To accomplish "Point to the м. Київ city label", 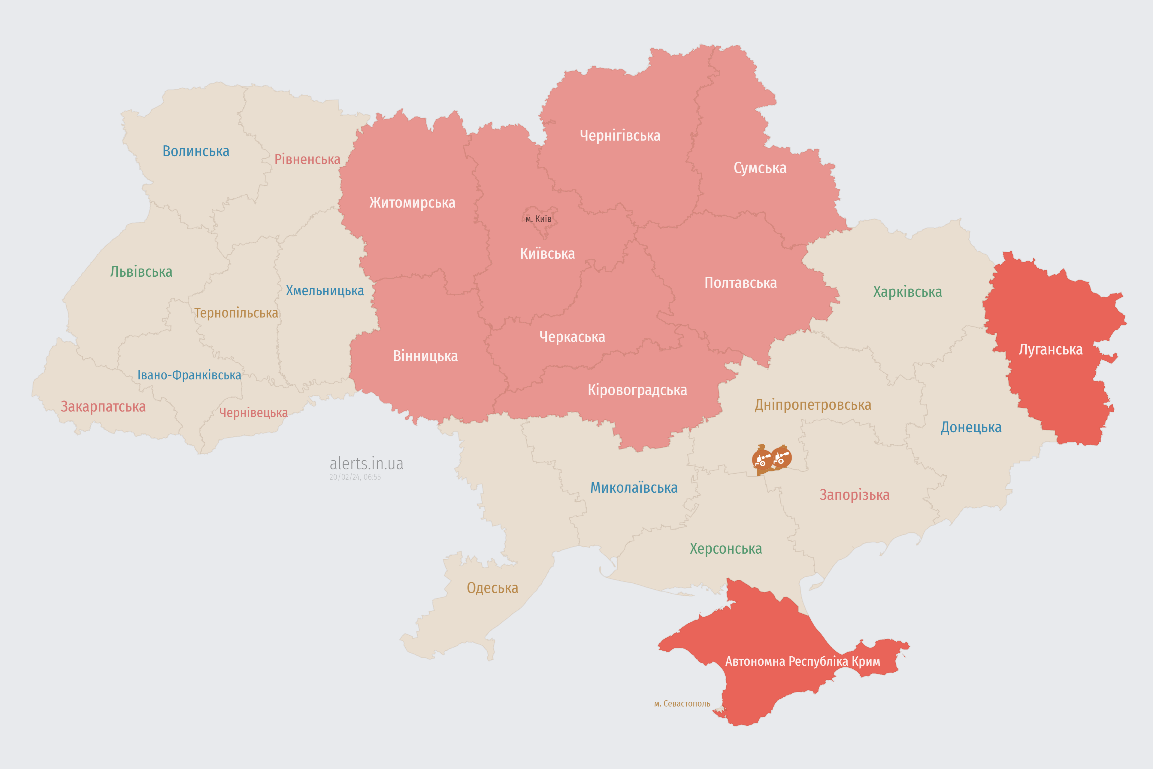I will pyautogui.click(x=538, y=219).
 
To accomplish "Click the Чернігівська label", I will pyautogui.click(x=620, y=135).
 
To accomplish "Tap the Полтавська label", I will pyautogui.click(x=740, y=283).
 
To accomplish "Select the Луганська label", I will pyautogui.click(x=1051, y=350).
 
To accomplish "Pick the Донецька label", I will pyautogui.click(x=971, y=427).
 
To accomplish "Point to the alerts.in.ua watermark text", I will pyautogui.click(x=366, y=464).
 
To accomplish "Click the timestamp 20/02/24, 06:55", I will pyautogui.click(x=355, y=477).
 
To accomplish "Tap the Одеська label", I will pyautogui.click(x=492, y=588).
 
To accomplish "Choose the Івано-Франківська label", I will pyautogui.click(x=189, y=375).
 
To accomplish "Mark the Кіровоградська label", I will pyautogui.click(x=637, y=391).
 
